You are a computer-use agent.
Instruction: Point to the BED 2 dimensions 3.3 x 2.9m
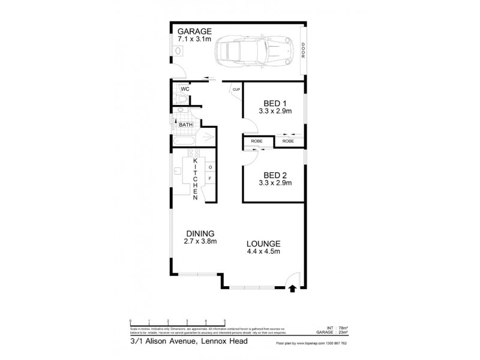[x=275, y=183]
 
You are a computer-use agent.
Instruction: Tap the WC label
[x=185, y=89]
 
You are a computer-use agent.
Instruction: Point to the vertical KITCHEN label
[x=195, y=179]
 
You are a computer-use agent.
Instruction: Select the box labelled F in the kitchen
[x=210, y=178]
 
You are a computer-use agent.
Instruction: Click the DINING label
[x=200, y=233]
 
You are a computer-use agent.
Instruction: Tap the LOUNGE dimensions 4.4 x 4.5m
[x=264, y=251]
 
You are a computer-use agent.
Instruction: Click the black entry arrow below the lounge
[x=292, y=289]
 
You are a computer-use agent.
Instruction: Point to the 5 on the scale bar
[x=224, y=322]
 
